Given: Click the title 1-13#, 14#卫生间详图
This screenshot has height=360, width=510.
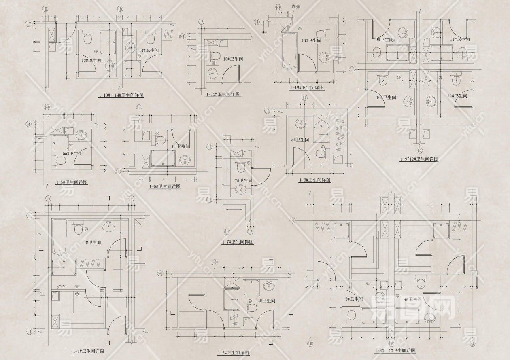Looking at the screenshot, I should [x=121, y=96].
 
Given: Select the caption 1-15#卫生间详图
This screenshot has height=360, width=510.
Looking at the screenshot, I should [x=223, y=94].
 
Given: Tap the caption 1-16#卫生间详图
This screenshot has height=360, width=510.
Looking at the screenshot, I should [x=307, y=87].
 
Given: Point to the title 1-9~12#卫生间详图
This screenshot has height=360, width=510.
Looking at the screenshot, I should [x=419, y=159].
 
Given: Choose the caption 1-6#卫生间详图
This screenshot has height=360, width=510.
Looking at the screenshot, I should [x=164, y=186].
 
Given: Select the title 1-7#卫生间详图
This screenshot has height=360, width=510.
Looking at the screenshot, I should [x=238, y=242].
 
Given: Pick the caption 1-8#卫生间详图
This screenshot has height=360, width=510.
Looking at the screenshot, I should [x=314, y=180].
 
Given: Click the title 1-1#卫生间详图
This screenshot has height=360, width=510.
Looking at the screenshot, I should [x=88, y=351].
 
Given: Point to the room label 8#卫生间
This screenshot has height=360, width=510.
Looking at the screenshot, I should [x=300, y=140].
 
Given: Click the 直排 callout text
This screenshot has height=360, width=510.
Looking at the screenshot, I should [x=295, y=7].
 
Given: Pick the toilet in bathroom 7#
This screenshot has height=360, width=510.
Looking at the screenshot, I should [x=240, y=166].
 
